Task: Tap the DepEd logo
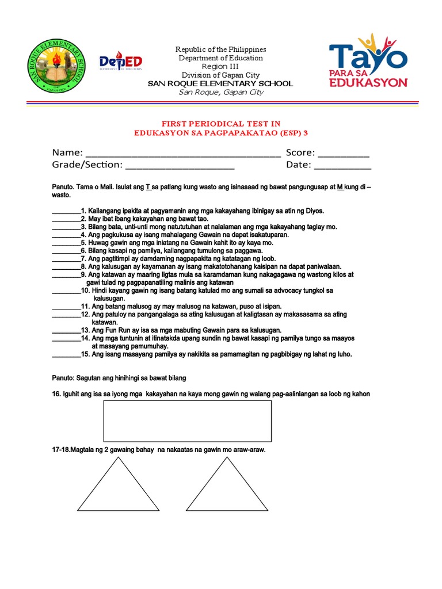121,61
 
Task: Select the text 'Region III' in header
220,67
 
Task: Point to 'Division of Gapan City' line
220,75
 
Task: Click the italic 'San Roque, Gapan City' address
220,92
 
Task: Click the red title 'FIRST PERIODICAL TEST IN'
220,124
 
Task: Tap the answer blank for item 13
66,331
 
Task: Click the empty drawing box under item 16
187,420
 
